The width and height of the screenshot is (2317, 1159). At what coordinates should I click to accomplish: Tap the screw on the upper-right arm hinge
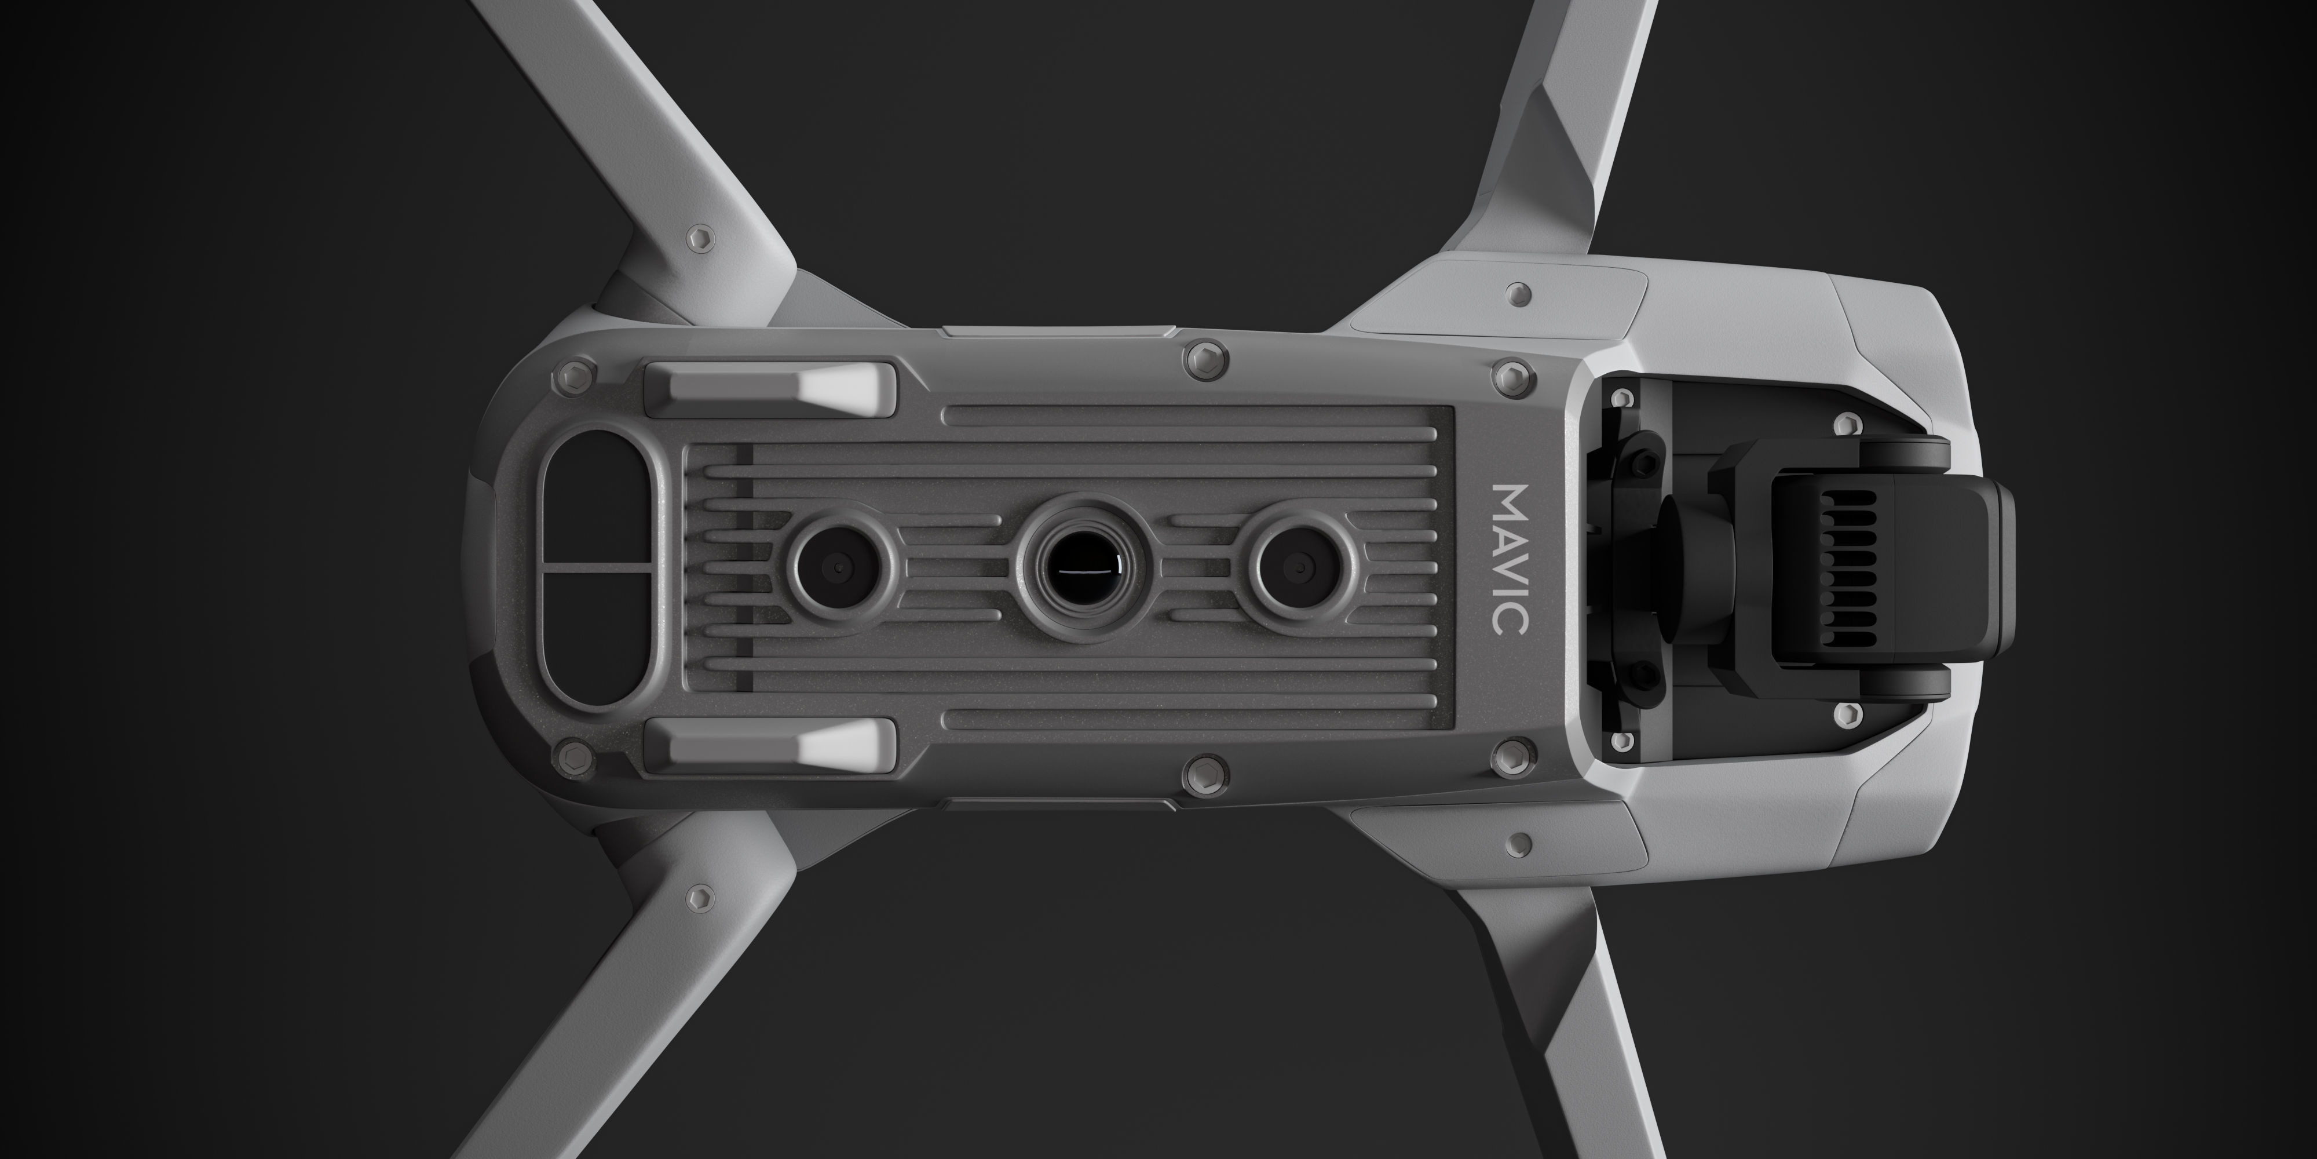1520,293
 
